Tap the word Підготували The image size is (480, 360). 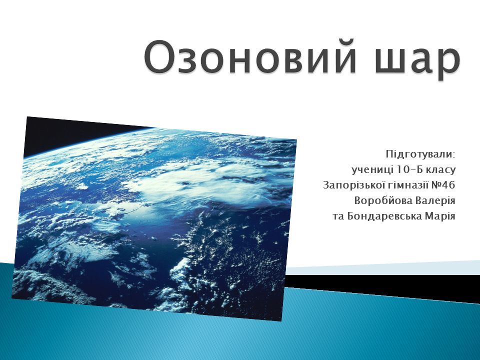[419, 154]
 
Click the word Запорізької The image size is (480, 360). [351, 185]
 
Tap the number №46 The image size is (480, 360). [443, 185]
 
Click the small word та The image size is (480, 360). [338, 216]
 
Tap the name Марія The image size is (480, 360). [440, 216]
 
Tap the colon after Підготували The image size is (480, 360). [454, 155]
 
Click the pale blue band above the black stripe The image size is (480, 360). [382, 268]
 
